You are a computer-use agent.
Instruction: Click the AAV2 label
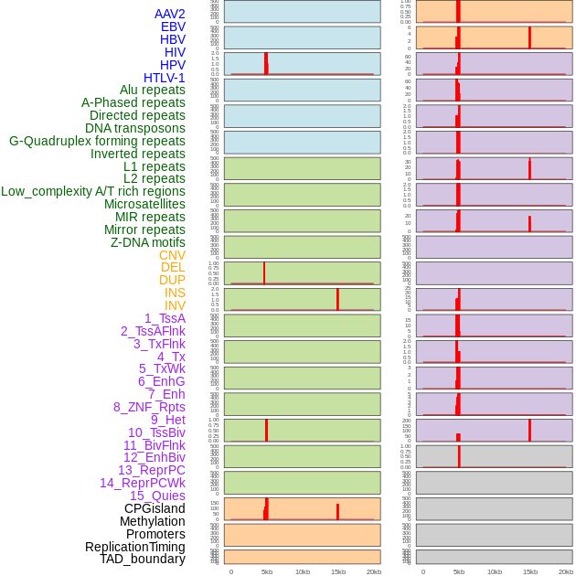point(170,14)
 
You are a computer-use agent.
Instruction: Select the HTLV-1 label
point(165,78)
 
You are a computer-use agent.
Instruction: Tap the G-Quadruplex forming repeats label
point(97,141)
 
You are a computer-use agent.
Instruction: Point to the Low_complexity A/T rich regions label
point(93,191)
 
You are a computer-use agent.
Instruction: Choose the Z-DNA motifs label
point(148,242)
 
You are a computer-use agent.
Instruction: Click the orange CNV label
point(172,255)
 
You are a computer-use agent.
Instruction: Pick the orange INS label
point(175,293)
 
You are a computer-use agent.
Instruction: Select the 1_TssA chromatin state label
point(165,318)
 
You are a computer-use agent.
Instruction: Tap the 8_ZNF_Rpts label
point(149,407)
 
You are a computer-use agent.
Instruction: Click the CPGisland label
point(155,508)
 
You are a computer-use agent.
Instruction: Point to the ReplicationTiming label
point(135,547)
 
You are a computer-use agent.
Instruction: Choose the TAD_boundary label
point(143,559)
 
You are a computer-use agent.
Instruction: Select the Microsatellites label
point(144,204)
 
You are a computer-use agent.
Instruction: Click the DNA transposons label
point(135,128)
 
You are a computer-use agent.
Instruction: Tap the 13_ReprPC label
point(152,470)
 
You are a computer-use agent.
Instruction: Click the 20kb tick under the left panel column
point(374,571)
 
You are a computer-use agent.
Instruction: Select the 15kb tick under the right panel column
point(530,571)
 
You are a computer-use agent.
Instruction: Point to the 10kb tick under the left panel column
point(303,571)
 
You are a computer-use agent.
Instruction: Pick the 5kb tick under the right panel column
point(459,571)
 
